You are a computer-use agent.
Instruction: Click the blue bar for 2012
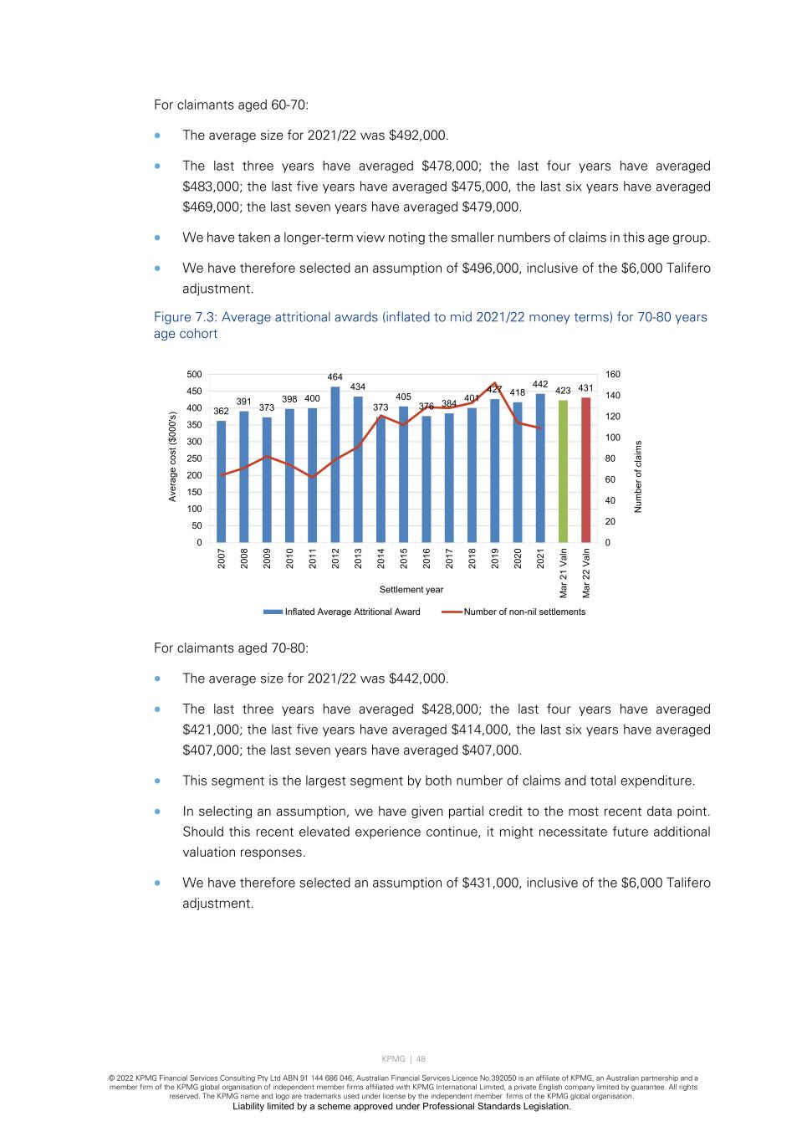pos(335,464)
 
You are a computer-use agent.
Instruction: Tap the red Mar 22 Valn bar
pos(586,469)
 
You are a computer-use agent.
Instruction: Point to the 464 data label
pos(335,378)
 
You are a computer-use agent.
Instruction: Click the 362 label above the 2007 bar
pos(221,412)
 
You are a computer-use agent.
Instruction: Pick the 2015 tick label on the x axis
pos(404,558)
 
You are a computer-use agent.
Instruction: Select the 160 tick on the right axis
pos(613,375)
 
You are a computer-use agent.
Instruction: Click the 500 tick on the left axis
pos(194,375)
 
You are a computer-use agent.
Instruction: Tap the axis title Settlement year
pos(411,590)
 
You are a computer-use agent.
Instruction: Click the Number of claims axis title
pos(638,476)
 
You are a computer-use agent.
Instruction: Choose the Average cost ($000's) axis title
pos(173,457)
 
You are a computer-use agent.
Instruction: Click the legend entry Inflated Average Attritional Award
pos(342,612)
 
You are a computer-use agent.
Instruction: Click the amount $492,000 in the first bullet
pos(418,136)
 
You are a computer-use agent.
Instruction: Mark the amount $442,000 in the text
pos(418,679)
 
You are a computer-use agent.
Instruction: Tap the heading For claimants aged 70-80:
pos(231,648)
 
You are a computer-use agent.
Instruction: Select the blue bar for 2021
pos(540,468)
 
